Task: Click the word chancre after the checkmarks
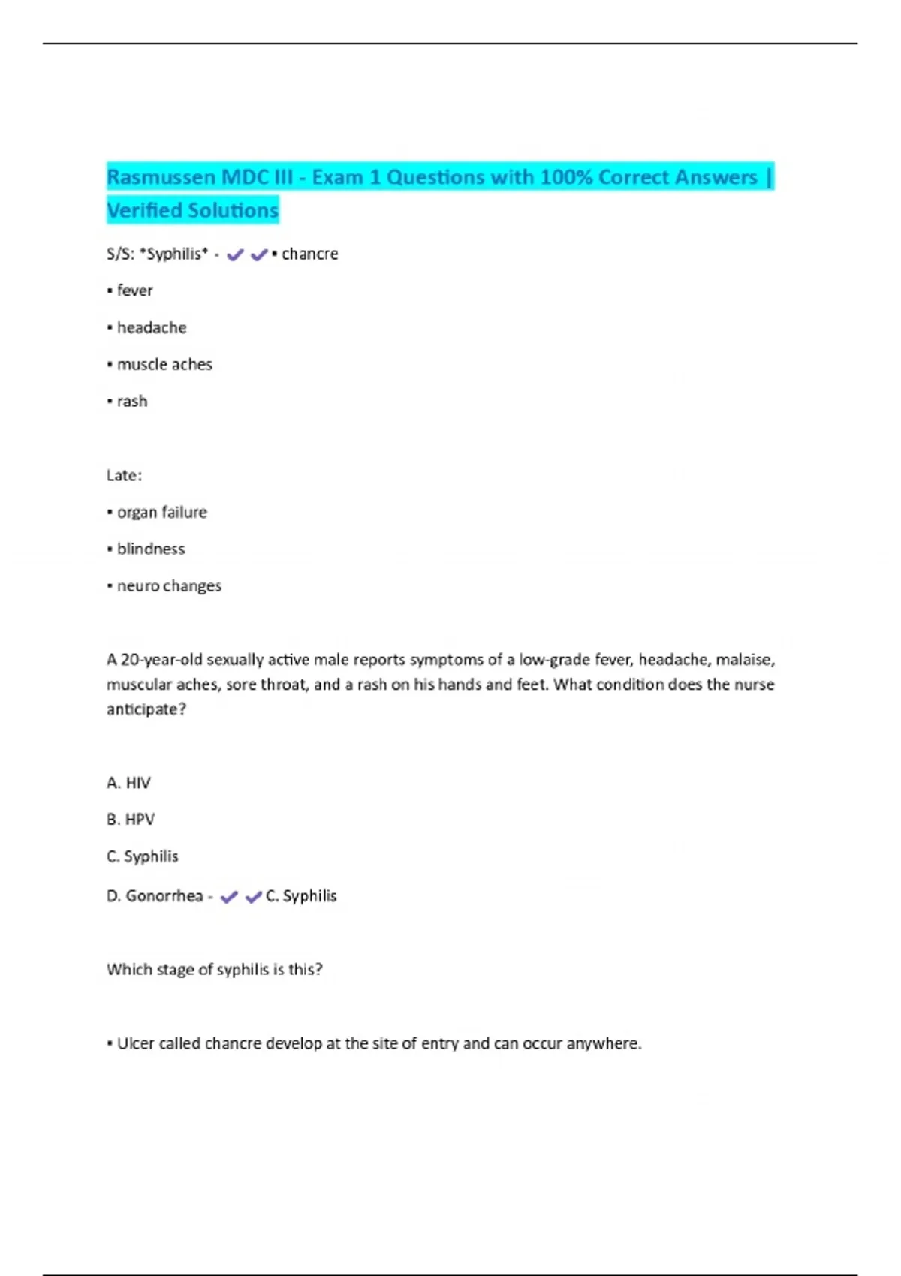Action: (x=309, y=254)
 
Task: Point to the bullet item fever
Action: (x=134, y=290)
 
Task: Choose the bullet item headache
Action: (x=152, y=328)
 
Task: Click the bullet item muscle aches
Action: (x=164, y=365)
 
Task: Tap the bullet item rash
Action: (x=132, y=402)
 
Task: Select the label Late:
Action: (x=124, y=475)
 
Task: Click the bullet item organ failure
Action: (x=161, y=513)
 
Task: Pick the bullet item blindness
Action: (x=151, y=549)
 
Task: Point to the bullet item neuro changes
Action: (x=169, y=586)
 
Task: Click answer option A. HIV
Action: (x=128, y=783)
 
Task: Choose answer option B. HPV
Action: (x=131, y=820)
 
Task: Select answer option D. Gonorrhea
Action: (x=155, y=896)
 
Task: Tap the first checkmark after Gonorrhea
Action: (x=229, y=897)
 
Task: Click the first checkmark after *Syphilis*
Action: (x=235, y=255)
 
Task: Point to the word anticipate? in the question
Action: (x=146, y=709)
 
